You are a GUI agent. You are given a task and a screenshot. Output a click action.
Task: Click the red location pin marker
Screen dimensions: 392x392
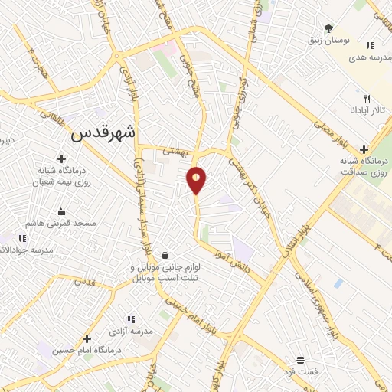[197, 180]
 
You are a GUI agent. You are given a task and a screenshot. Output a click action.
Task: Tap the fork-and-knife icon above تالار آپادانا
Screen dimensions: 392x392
[367, 99]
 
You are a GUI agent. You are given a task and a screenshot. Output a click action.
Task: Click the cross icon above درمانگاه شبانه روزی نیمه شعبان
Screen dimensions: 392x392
[61, 158]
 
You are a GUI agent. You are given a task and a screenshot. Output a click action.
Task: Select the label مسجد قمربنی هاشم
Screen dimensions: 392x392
[63, 223]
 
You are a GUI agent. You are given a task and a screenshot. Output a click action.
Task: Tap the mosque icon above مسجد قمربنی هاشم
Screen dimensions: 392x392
[61, 211]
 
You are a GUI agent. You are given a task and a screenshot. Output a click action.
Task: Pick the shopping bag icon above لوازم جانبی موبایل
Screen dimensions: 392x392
[165, 255]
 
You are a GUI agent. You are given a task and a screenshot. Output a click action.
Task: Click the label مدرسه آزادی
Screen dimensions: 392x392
[132, 332]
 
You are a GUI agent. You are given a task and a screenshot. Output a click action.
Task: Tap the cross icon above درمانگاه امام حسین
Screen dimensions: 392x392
[87, 338]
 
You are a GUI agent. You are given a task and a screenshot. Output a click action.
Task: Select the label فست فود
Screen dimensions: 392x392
[301, 371]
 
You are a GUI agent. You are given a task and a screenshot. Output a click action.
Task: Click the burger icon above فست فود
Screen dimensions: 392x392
[301, 360]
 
